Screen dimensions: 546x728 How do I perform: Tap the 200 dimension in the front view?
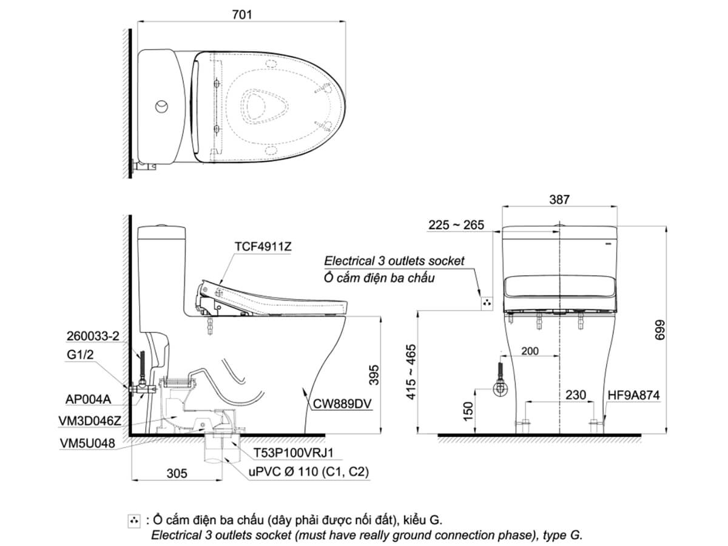click(530, 351)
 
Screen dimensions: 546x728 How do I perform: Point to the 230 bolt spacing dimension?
click(575, 395)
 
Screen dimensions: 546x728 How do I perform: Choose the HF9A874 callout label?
click(633, 395)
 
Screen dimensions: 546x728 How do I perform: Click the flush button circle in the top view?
click(162, 106)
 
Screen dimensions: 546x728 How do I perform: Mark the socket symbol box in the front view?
click(488, 303)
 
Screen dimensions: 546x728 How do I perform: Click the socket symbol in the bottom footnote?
click(135, 521)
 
